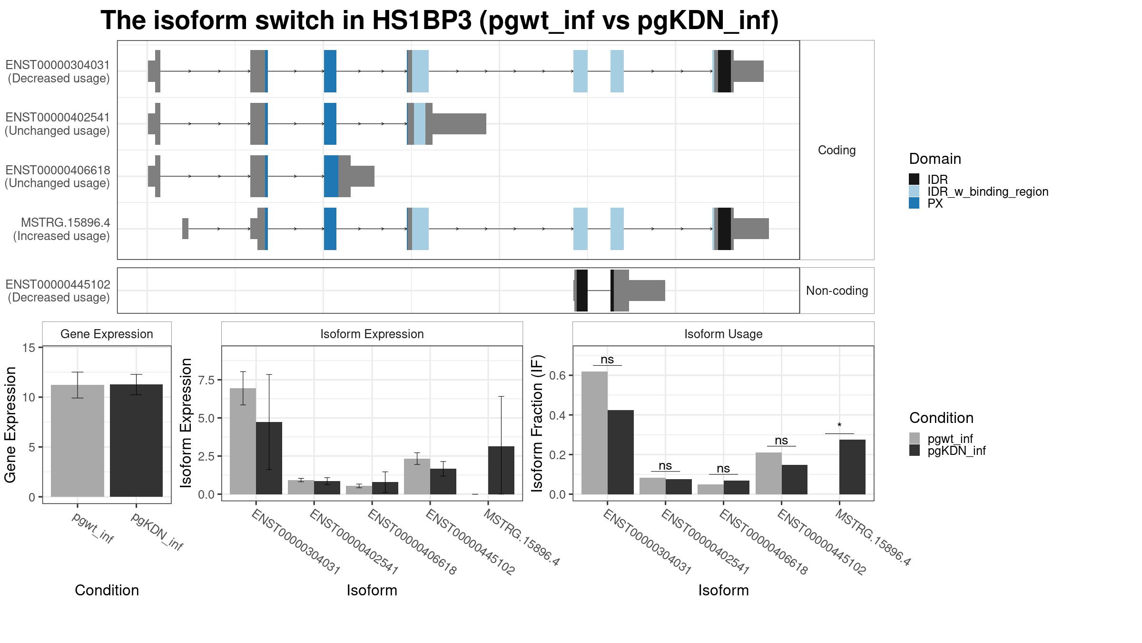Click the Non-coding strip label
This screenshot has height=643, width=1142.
click(837, 291)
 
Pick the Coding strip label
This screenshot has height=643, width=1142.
click(837, 150)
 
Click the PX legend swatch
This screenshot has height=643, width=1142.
click(914, 203)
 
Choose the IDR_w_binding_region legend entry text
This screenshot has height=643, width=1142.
click(987, 191)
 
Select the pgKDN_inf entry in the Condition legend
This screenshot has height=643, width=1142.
click(956, 451)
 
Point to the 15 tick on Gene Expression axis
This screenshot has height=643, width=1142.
click(29, 348)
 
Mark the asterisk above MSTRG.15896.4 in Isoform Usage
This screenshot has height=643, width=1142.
click(839, 426)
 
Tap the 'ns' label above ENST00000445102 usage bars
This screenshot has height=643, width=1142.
click(781, 441)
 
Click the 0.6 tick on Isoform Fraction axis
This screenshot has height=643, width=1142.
click(558, 375)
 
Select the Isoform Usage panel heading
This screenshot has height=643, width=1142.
click(723, 334)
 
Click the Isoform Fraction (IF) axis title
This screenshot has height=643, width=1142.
click(538, 423)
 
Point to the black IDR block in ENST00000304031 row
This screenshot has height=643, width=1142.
click(724, 71)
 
